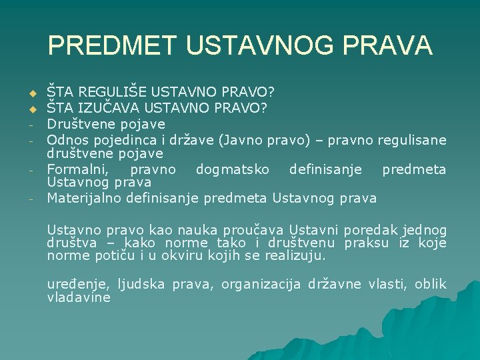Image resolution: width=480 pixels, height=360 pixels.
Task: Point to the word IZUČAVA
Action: [105, 107]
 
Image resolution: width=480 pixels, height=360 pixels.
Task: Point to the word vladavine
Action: [78, 297]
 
